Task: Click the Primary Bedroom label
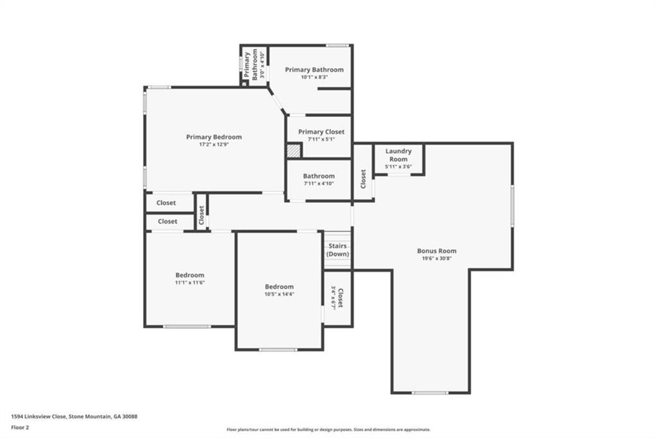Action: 214,137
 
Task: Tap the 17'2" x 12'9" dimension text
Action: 214,145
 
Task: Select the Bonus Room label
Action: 437,251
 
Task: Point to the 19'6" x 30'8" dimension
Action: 437,259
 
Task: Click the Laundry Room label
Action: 398,155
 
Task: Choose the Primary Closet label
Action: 321,132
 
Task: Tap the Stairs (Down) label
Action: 338,250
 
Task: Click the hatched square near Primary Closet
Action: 293,150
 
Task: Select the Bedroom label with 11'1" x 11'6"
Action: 190,275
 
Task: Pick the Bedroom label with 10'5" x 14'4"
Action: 279,286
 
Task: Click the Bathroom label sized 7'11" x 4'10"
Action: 319,176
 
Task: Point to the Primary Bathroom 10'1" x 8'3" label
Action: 314,69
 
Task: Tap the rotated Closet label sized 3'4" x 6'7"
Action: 337,298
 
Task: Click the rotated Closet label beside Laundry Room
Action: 363,179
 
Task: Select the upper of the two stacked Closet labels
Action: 166,203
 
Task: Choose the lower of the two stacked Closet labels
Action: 167,222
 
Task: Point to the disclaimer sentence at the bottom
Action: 328,430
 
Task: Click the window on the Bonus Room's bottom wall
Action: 430,392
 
